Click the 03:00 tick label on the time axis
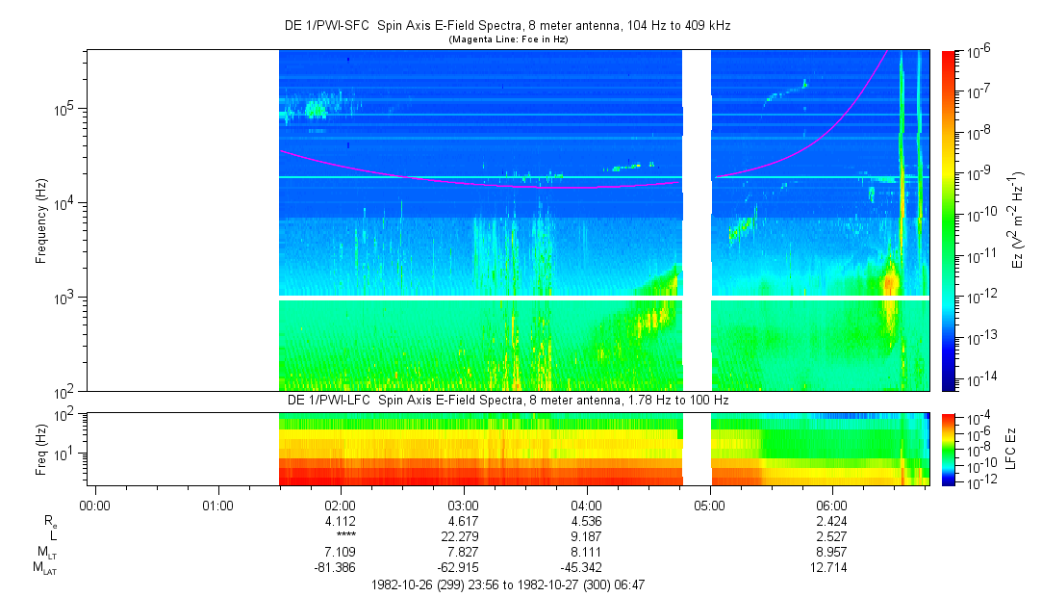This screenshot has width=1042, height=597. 464,504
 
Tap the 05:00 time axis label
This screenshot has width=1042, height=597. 710,504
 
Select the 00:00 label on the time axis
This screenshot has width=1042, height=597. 95,504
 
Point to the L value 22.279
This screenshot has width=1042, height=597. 464,534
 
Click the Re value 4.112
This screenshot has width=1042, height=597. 342,520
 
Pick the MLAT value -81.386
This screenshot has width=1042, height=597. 342,565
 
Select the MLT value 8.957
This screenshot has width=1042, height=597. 832,550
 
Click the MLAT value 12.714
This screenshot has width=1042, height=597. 832,565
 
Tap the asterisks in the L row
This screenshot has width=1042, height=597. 342,534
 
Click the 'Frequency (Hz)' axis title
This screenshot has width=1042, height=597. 41,221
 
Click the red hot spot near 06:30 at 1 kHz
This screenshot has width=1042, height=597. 890,282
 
